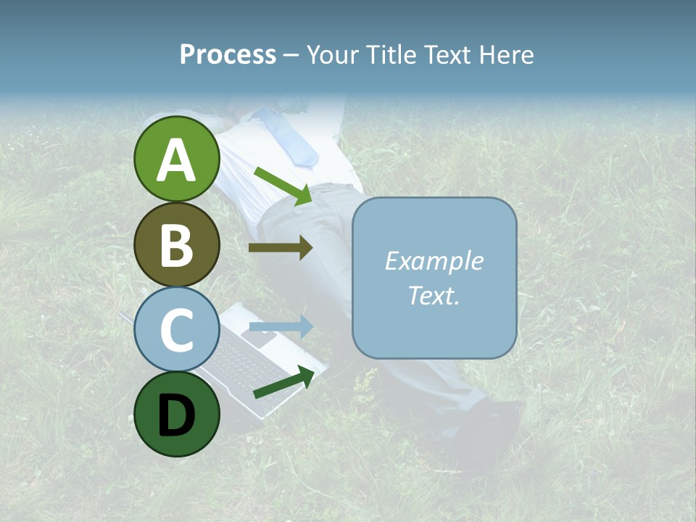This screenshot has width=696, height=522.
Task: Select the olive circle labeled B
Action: coord(177,244)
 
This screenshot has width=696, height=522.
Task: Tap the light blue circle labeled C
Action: coord(177,329)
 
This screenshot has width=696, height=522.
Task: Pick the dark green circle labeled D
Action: coord(177,414)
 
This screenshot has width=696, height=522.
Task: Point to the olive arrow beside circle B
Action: coord(281,248)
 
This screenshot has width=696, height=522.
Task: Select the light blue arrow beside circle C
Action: coord(281,327)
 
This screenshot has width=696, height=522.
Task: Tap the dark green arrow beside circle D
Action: coord(284,383)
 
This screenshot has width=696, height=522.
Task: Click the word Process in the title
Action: coord(228,54)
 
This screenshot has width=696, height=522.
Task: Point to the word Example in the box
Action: coord(434,261)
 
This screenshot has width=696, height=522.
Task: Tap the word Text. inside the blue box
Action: coord(434,295)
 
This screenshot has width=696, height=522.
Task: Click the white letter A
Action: coord(177,160)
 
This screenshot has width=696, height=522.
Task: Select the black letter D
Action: coord(177,415)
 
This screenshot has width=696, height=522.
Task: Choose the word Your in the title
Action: coord(331,54)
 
